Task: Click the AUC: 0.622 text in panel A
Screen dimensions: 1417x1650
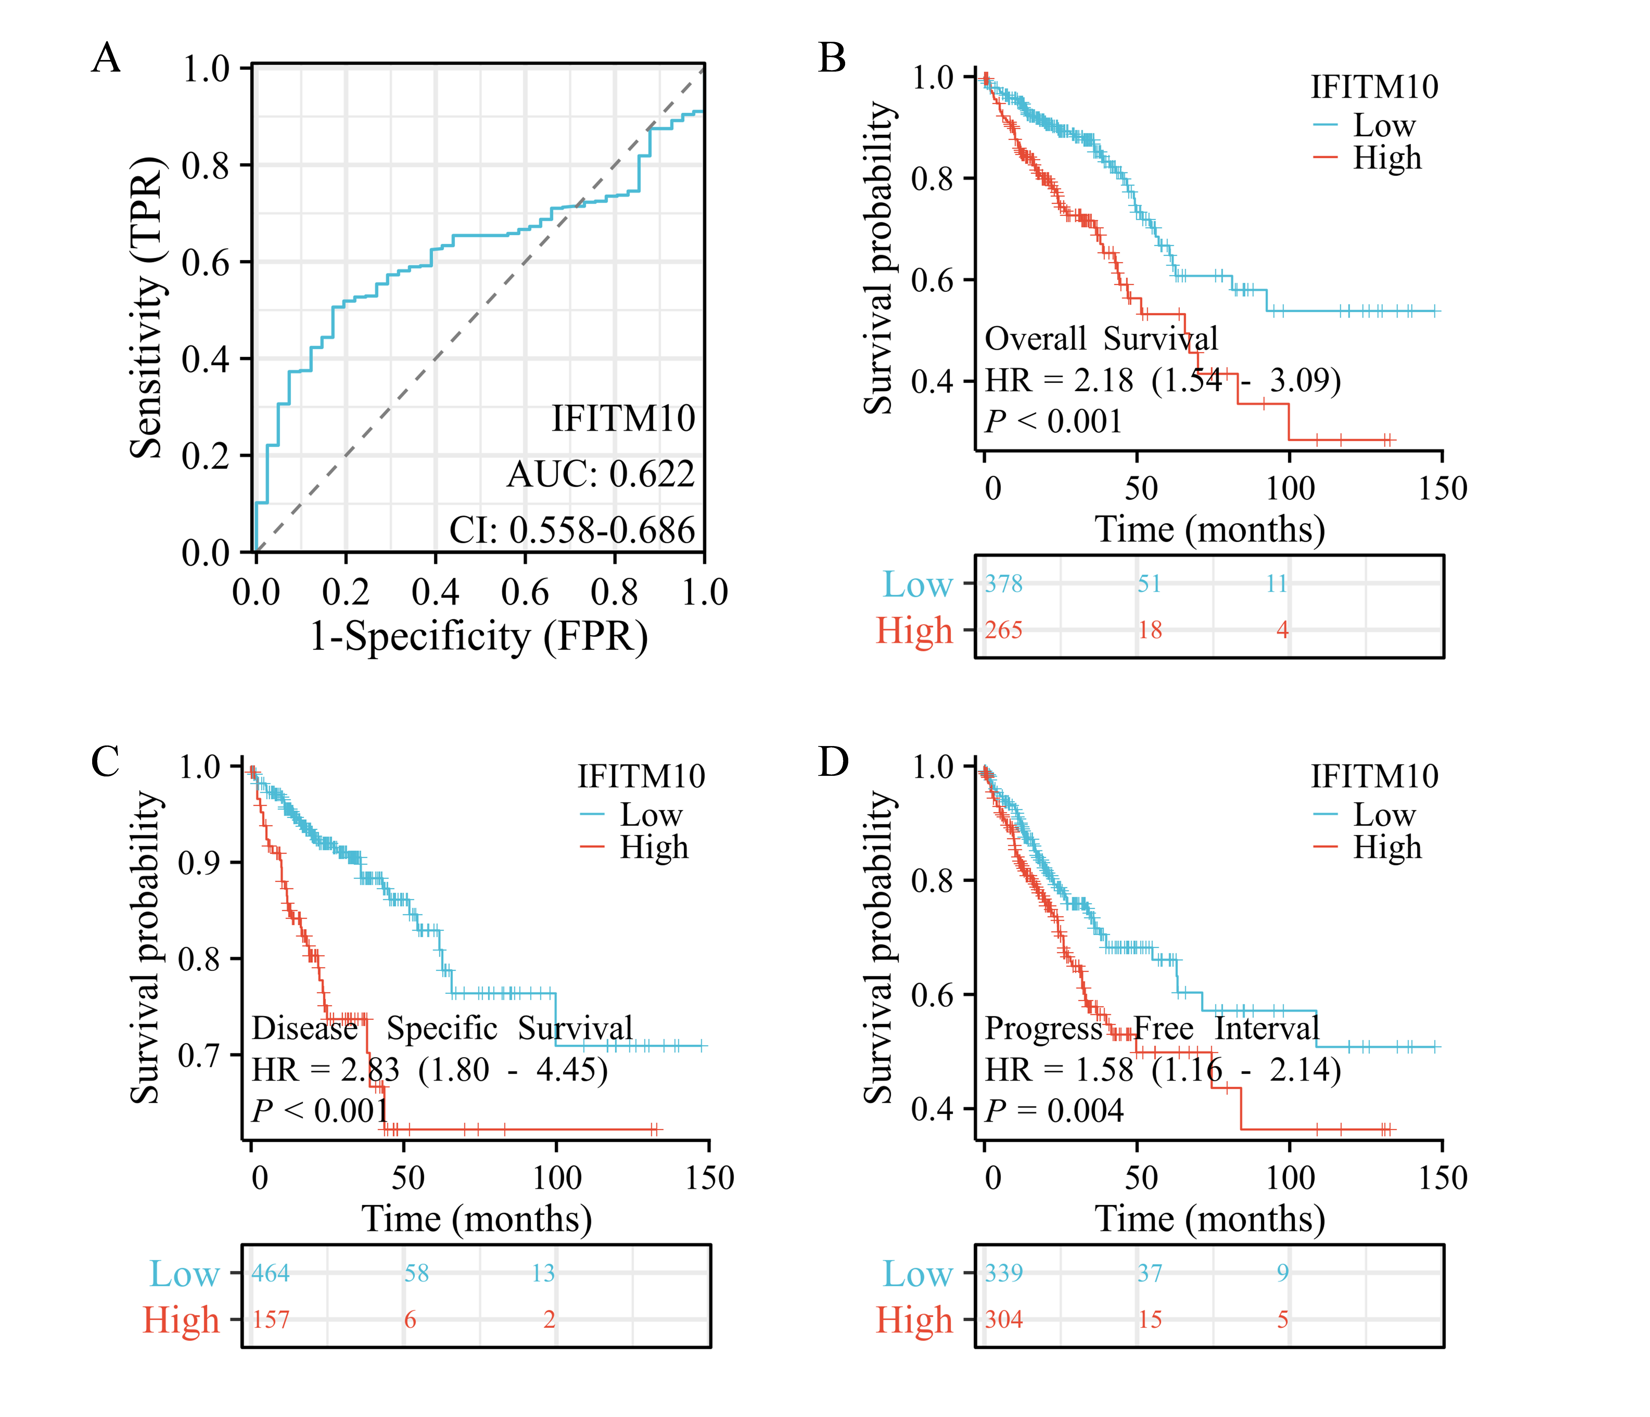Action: pyautogui.click(x=601, y=475)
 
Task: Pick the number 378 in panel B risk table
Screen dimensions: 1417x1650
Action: pyautogui.click(x=1003, y=583)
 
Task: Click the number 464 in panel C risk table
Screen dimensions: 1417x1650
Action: pyautogui.click(x=271, y=1273)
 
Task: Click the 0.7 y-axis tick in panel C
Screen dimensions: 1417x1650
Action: pyautogui.click(x=199, y=1055)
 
